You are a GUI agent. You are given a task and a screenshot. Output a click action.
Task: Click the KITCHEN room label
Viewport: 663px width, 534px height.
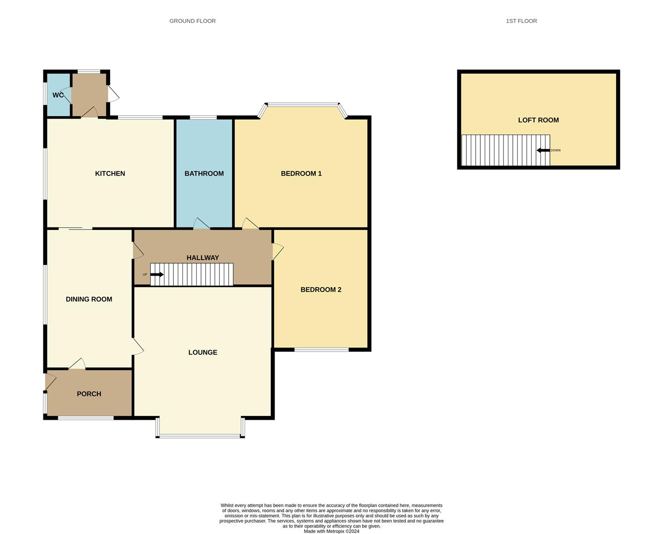(110, 174)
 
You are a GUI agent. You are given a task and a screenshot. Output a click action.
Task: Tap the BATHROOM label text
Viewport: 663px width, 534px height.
(204, 174)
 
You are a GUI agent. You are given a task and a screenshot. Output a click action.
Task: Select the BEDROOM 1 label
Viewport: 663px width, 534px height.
(301, 174)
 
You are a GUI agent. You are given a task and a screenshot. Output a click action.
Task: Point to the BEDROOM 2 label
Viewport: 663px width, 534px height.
(321, 290)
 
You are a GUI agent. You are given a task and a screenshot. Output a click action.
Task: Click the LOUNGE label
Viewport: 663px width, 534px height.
(203, 353)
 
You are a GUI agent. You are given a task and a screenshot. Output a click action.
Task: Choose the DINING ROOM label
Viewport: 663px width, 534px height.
(89, 299)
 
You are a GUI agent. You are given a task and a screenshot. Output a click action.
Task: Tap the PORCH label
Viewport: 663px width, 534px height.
(89, 394)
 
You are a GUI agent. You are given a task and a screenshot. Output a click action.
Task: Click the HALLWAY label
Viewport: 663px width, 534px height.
(203, 258)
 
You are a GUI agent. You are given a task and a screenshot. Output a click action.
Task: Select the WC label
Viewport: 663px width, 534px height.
(58, 95)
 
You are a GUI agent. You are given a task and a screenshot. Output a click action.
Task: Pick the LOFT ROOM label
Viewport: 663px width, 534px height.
(538, 120)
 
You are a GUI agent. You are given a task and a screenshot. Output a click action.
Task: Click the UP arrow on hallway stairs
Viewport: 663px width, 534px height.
(157, 274)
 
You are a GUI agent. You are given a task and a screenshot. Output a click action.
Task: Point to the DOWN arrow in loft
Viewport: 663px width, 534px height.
(543, 150)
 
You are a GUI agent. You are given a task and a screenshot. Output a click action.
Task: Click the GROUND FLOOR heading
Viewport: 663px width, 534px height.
(192, 21)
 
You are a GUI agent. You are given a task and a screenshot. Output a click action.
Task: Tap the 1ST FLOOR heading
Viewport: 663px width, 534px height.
(521, 21)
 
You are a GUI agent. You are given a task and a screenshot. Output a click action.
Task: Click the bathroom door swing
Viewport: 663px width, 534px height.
(201, 223)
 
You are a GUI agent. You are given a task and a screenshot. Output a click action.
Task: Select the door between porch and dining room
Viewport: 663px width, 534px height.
(77, 364)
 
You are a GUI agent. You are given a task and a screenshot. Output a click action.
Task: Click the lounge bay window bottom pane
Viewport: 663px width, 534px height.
(200, 436)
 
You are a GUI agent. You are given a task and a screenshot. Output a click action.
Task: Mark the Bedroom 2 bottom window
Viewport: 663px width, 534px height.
(321, 350)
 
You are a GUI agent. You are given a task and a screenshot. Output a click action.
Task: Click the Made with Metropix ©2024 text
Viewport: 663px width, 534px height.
(331, 532)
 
